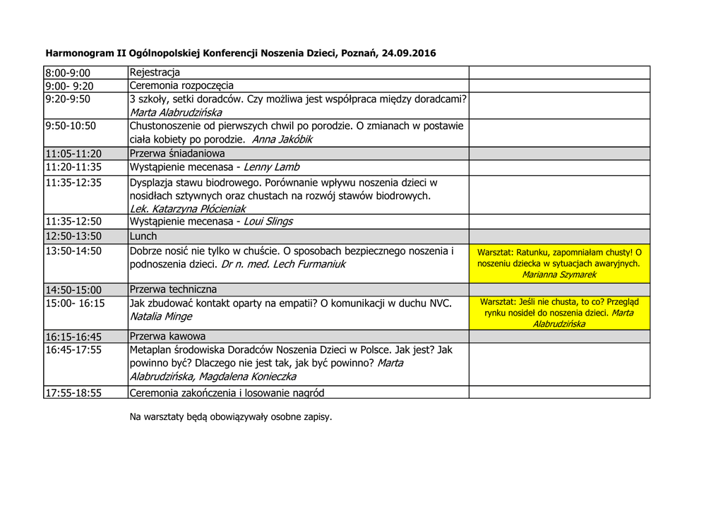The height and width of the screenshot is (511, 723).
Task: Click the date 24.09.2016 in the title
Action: [x=409, y=53]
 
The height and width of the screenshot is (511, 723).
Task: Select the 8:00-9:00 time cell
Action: [x=68, y=73]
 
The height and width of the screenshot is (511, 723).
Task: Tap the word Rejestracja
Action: [x=155, y=73]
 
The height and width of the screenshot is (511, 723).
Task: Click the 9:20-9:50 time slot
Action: [x=68, y=100]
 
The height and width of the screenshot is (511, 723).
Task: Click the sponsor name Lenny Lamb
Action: [x=271, y=167]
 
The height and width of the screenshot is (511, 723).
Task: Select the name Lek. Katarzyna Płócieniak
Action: [x=188, y=209]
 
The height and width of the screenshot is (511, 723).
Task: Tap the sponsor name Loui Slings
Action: [x=268, y=222]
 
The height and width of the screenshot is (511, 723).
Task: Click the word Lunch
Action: [x=143, y=236]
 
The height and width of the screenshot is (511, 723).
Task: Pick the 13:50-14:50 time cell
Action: [x=73, y=251]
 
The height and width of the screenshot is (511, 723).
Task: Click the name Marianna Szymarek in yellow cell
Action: [x=559, y=275]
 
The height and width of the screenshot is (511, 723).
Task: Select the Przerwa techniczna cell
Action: [x=173, y=290]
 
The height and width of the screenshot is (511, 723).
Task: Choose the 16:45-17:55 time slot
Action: [x=73, y=350]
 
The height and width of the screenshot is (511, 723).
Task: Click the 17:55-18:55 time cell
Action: [x=73, y=393]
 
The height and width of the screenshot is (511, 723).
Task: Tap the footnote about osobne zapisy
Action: [x=230, y=417]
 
